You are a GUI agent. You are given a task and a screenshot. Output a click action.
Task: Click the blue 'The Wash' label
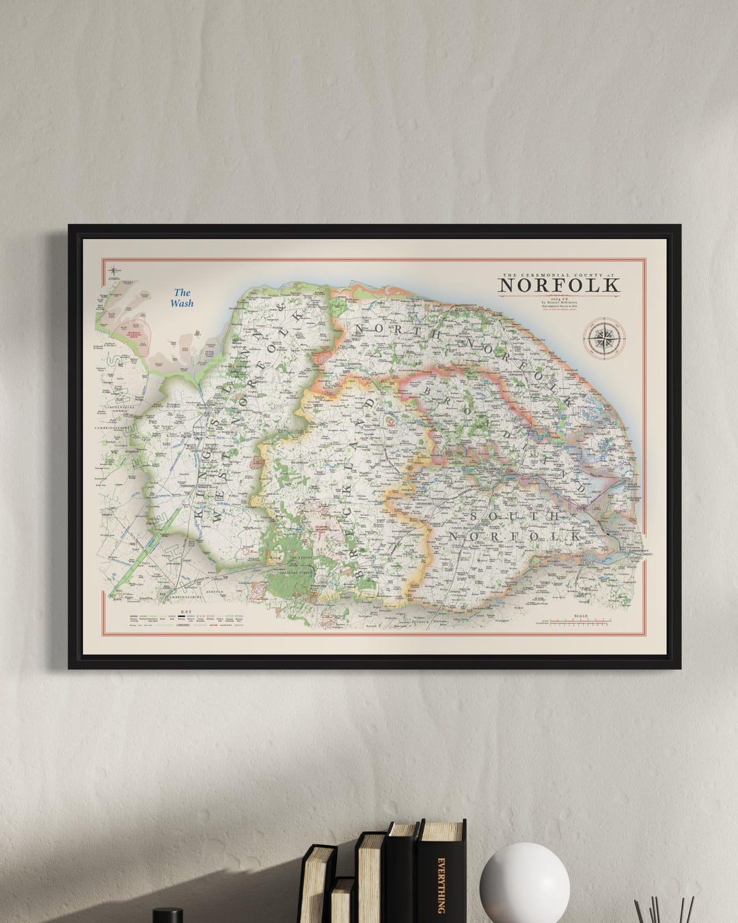point(182,298)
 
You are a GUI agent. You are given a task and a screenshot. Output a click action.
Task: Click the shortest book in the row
point(342,900)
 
